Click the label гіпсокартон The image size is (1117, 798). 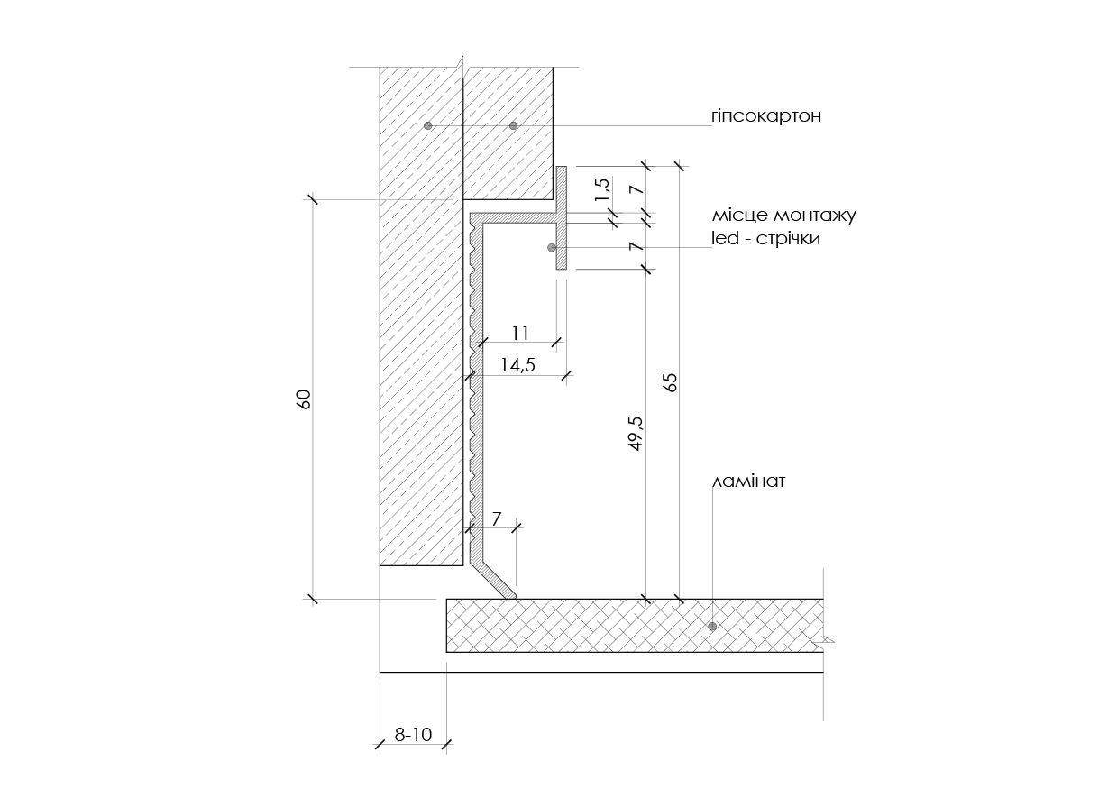[766, 116]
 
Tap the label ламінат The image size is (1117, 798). [749, 482]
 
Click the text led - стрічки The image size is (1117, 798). [766, 239]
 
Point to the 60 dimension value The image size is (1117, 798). [304, 399]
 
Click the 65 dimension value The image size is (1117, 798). [672, 382]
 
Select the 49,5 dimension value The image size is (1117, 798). [636, 434]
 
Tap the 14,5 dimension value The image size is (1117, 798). [517, 365]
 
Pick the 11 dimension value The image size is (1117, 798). [520, 333]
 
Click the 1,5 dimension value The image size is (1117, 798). [602, 190]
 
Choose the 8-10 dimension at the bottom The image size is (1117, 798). [413, 735]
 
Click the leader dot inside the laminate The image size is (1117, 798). [712, 626]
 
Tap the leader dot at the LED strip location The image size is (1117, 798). [552, 247]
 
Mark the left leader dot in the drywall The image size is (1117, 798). [428, 125]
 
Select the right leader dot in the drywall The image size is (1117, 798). [514, 125]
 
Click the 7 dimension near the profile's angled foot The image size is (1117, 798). [496, 519]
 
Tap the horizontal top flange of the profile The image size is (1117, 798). [514, 218]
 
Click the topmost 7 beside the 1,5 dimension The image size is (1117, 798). [636, 189]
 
